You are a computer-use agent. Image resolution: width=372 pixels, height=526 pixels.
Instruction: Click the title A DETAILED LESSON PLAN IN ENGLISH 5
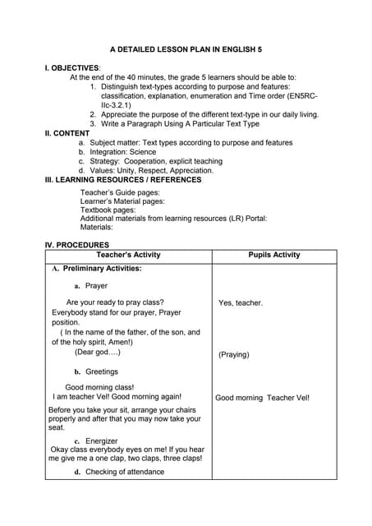(186, 49)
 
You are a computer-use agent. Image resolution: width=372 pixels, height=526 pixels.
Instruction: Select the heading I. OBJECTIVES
(73, 67)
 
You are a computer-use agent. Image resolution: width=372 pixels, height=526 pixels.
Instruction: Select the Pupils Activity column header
(274, 255)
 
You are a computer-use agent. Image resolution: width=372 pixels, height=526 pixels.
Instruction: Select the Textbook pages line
(108, 210)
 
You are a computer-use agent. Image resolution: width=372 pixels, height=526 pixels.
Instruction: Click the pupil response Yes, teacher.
(241, 302)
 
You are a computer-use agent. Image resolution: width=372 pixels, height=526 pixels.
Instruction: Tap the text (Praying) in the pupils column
(234, 355)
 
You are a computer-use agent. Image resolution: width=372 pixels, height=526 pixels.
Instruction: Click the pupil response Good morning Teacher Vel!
(262, 398)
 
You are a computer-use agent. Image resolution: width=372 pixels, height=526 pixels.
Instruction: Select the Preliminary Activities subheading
(97, 268)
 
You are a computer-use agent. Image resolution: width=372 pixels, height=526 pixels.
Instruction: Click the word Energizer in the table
(102, 441)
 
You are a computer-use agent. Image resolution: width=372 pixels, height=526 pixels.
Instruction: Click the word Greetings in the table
(102, 371)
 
